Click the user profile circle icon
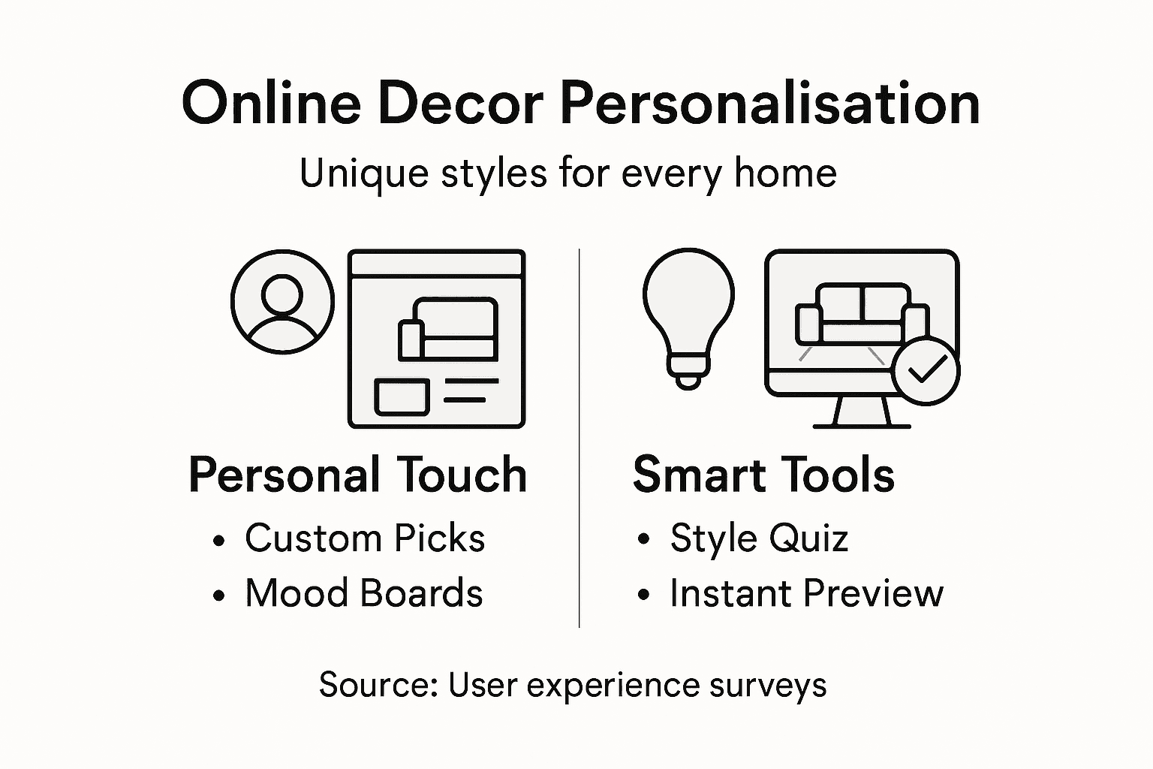tap(282, 302)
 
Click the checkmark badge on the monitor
tap(926, 371)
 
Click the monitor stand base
tap(862, 425)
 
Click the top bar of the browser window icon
tap(437, 264)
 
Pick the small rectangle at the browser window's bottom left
tap(402, 397)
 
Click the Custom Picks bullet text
tap(365, 538)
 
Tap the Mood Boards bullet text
tap(364, 593)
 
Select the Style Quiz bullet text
tap(759, 538)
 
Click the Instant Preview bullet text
tap(806, 593)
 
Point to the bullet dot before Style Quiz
tap(643, 540)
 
